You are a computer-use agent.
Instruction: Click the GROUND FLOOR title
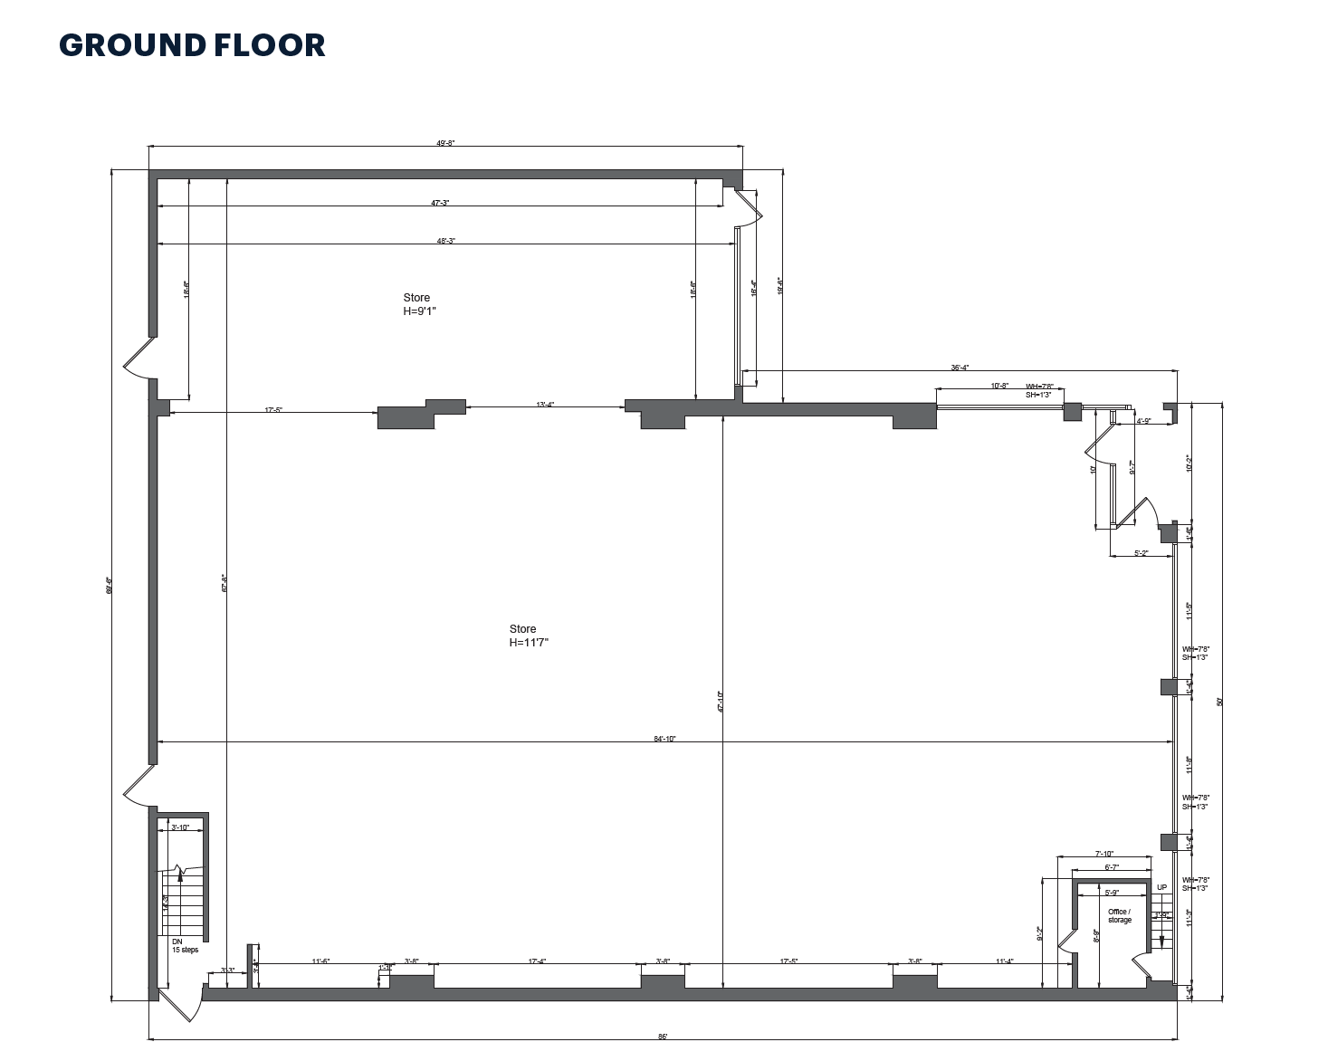(192, 45)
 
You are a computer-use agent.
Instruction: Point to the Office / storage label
(1119, 915)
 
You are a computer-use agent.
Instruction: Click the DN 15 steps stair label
(185, 946)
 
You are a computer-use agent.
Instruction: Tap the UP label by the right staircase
(1161, 887)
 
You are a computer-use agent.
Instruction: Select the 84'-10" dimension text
(664, 739)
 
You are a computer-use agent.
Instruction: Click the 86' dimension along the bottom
(663, 1037)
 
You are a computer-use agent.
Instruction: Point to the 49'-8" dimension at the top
(445, 143)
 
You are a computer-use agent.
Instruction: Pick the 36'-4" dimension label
(960, 368)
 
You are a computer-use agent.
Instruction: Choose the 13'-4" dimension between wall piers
(545, 405)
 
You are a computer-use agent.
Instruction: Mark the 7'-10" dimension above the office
(1104, 854)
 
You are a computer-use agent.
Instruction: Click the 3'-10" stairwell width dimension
(180, 827)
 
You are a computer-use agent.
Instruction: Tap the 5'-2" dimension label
(1141, 553)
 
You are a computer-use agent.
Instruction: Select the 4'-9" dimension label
(1143, 420)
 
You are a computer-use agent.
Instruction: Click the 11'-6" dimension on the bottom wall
(320, 961)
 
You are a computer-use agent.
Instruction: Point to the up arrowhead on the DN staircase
(180, 875)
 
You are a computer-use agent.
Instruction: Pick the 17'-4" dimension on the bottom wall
(537, 961)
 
